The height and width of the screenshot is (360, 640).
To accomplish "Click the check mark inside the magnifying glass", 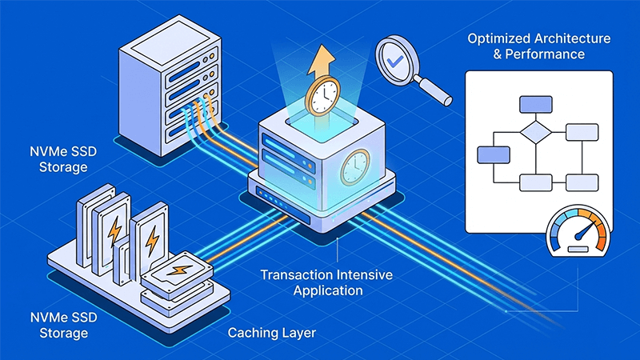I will (395, 59).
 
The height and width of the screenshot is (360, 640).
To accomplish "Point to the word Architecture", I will (575, 38).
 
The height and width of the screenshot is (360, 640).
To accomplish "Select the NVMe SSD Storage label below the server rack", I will (56, 159).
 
